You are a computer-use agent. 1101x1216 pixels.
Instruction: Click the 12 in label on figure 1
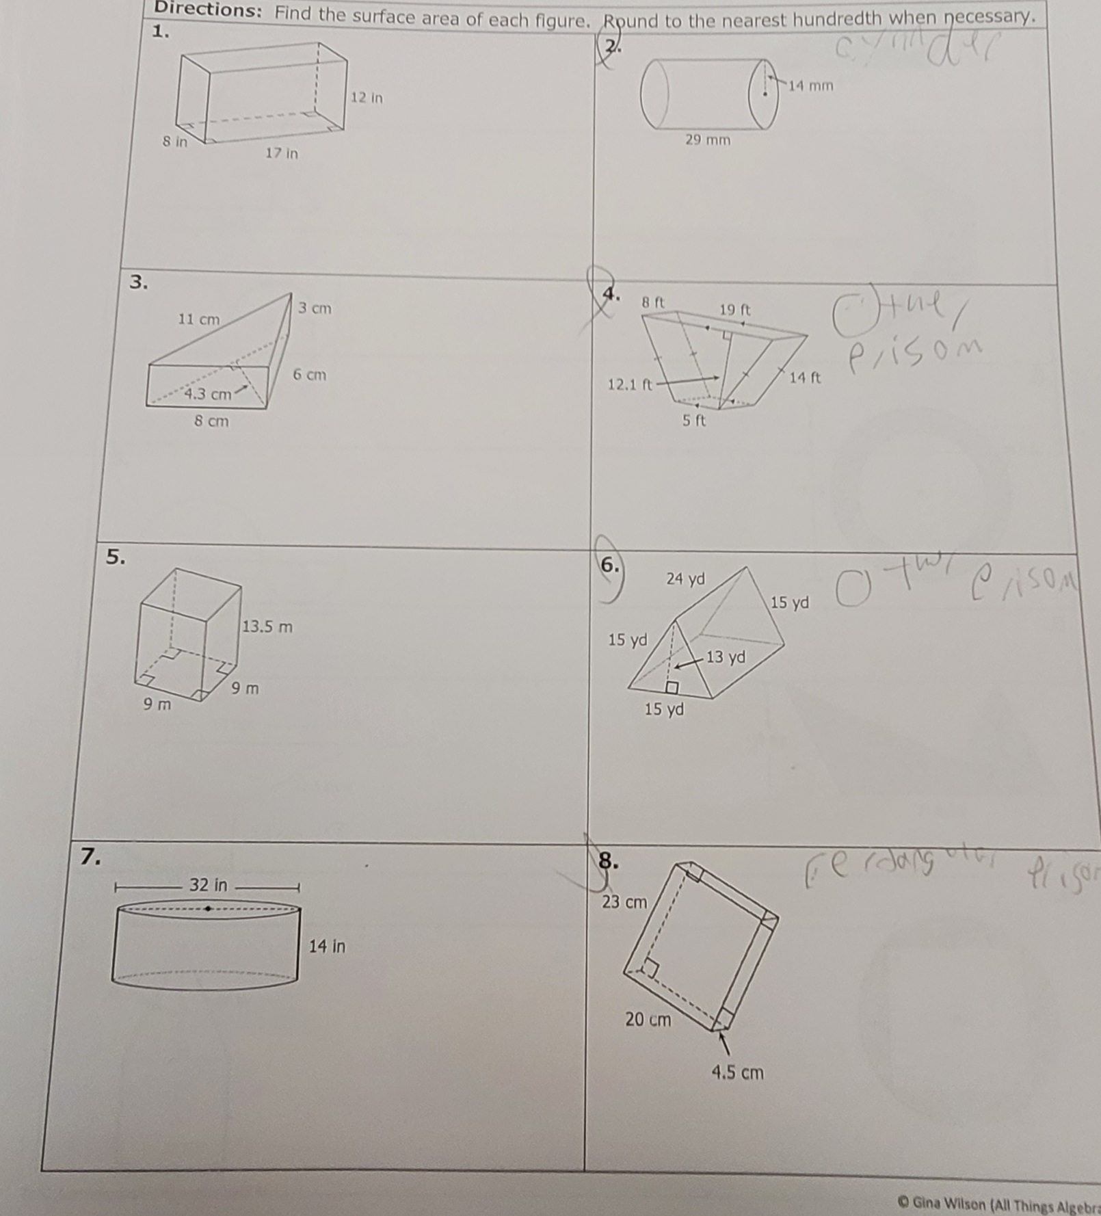pyautogui.click(x=367, y=98)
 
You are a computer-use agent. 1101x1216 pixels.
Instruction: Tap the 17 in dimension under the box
pyautogui.click(x=282, y=153)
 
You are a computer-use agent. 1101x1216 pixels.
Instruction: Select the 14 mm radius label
pyautogui.click(x=811, y=86)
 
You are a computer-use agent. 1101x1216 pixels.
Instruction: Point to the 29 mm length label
pyautogui.click(x=708, y=140)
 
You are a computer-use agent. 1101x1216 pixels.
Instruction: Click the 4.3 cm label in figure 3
pyautogui.click(x=208, y=394)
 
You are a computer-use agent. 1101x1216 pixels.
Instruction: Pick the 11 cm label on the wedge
pyautogui.click(x=199, y=319)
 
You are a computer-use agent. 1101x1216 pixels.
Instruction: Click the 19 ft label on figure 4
pyautogui.click(x=735, y=310)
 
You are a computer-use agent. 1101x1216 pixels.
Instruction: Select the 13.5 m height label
pyautogui.click(x=267, y=626)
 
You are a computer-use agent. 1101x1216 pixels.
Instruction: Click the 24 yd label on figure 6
pyautogui.click(x=685, y=579)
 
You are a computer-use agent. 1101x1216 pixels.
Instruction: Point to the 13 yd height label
pyautogui.click(x=726, y=657)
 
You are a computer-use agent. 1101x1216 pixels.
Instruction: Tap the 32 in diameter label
pyautogui.click(x=208, y=885)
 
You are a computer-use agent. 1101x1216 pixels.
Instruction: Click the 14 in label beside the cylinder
pyautogui.click(x=327, y=947)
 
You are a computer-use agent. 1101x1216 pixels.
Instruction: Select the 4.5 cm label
pyautogui.click(x=737, y=1072)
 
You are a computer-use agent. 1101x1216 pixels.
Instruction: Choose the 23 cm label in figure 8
pyautogui.click(x=624, y=902)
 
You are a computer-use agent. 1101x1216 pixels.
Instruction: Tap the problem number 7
pyautogui.click(x=90, y=856)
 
